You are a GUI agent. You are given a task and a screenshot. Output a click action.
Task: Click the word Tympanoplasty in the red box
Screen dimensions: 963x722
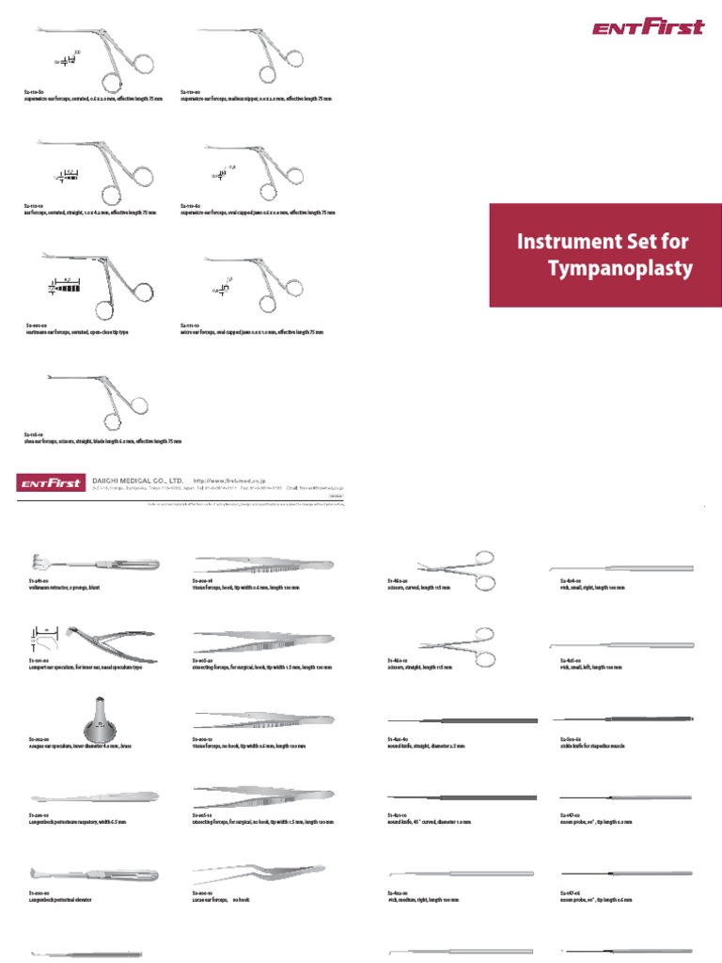pyautogui.click(x=620, y=270)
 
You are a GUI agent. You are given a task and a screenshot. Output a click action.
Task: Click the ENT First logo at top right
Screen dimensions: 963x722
pyautogui.click(x=648, y=27)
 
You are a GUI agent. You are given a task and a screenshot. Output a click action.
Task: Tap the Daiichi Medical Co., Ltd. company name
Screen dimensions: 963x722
pyautogui.click(x=136, y=478)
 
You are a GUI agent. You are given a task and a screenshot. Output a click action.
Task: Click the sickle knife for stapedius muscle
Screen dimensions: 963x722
pyautogui.click(x=625, y=719)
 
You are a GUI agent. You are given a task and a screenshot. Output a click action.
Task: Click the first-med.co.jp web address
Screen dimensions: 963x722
pyautogui.click(x=229, y=479)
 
